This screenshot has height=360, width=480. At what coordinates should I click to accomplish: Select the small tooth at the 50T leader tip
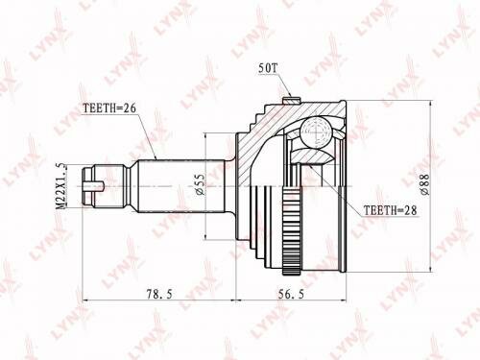coord(289,94)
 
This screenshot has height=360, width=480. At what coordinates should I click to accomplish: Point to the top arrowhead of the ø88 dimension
coord(433,99)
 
